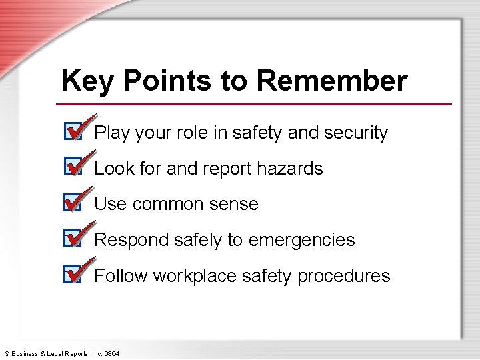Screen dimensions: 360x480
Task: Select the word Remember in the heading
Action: [x=332, y=81]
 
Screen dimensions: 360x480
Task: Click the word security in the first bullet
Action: [x=355, y=133]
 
